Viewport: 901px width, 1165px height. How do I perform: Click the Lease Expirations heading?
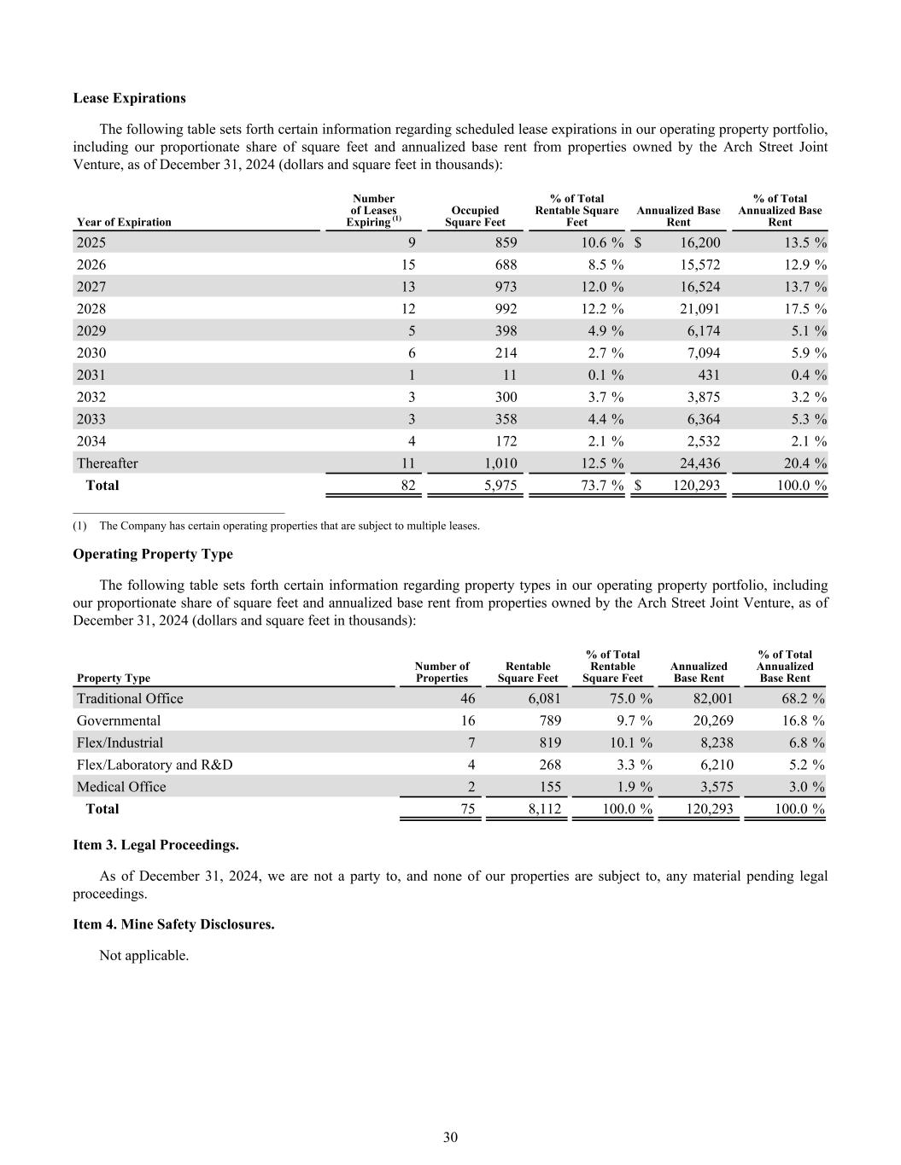tap(129, 98)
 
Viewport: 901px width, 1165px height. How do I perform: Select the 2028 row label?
tap(91, 309)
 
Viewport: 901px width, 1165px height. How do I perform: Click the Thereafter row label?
tap(107, 463)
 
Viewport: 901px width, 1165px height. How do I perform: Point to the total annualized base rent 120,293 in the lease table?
tap(693, 486)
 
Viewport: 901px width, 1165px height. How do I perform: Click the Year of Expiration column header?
tap(124, 222)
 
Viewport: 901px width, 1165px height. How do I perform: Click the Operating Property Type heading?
tap(153, 554)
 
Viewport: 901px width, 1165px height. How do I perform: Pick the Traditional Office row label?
tap(130, 699)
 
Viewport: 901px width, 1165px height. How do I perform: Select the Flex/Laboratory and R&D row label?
tap(155, 765)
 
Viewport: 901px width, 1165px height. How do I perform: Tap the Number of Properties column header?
tap(442, 672)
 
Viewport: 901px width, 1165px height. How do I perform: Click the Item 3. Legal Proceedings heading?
tap(155, 845)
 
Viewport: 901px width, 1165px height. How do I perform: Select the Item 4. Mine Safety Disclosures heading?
tap(173, 924)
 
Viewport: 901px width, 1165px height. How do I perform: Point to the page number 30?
tap(451, 1137)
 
